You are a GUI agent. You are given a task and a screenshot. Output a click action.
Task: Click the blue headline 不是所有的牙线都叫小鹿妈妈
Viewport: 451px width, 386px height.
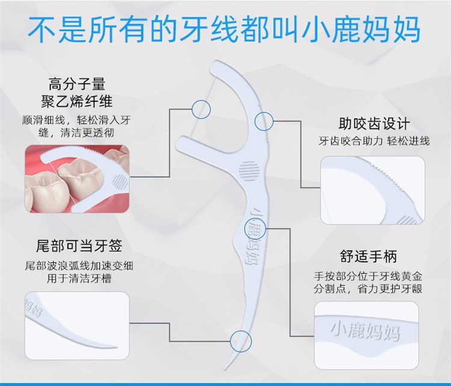pyautogui.click(x=224, y=29)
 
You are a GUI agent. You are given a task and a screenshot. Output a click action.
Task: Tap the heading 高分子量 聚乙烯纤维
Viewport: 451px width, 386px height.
pyautogui.click(x=77, y=93)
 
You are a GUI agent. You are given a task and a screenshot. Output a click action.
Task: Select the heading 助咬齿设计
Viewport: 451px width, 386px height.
pyautogui.click(x=374, y=124)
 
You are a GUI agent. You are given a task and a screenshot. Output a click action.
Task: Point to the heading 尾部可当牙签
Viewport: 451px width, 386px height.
pyautogui.click(x=79, y=246)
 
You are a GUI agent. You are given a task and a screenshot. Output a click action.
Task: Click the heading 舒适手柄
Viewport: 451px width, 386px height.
pyautogui.click(x=369, y=256)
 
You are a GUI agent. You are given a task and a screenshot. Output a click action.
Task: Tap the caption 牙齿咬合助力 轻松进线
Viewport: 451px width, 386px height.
pyautogui.click(x=374, y=141)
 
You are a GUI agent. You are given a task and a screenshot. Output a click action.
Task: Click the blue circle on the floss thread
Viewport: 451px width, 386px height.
pyautogui.click(x=201, y=109)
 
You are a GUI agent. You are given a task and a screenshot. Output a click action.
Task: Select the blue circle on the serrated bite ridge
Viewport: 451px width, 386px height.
pyautogui.click(x=264, y=121)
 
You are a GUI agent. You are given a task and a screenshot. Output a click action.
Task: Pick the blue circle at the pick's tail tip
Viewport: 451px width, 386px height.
pyautogui.click(x=241, y=341)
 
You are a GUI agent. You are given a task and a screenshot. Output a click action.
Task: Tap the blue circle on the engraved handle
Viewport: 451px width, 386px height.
pyautogui.click(x=255, y=229)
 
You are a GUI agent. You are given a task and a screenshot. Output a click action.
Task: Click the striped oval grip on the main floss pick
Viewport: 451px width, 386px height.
pyautogui.click(x=249, y=171)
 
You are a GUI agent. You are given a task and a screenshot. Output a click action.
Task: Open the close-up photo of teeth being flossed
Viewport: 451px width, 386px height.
pyautogui.click(x=77, y=179)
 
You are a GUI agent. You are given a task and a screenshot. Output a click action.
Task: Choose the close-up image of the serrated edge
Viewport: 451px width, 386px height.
pyautogui.click(x=373, y=190)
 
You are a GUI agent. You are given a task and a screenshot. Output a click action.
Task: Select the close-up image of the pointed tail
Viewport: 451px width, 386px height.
pyautogui.click(x=77, y=326)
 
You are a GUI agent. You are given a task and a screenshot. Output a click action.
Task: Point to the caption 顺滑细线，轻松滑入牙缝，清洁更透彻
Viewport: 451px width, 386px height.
pyautogui.click(x=76, y=126)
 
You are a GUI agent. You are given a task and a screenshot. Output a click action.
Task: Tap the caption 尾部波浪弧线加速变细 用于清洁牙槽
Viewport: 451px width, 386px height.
pyautogui.click(x=79, y=272)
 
